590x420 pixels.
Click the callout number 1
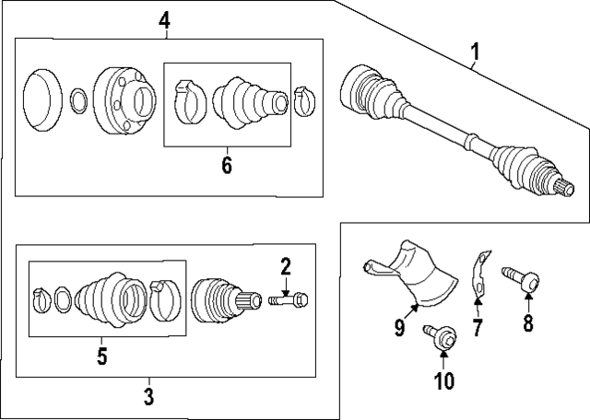pos(475,55)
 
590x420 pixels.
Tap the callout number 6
pos(226,167)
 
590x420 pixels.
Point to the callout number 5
pos(103,355)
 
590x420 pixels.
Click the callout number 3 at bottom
pos(148,397)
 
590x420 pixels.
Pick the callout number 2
pos(286,268)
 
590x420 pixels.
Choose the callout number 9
pos(400,327)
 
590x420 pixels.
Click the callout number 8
pos(528,322)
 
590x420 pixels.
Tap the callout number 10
pos(444,380)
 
